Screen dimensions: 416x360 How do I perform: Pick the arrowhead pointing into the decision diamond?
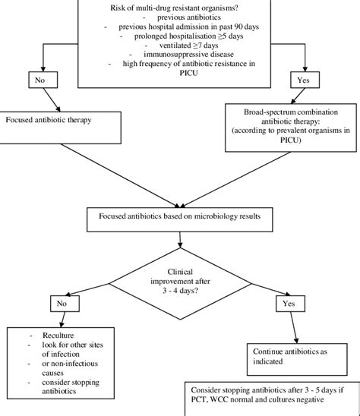pyautogui.click(x=180, y=245)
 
